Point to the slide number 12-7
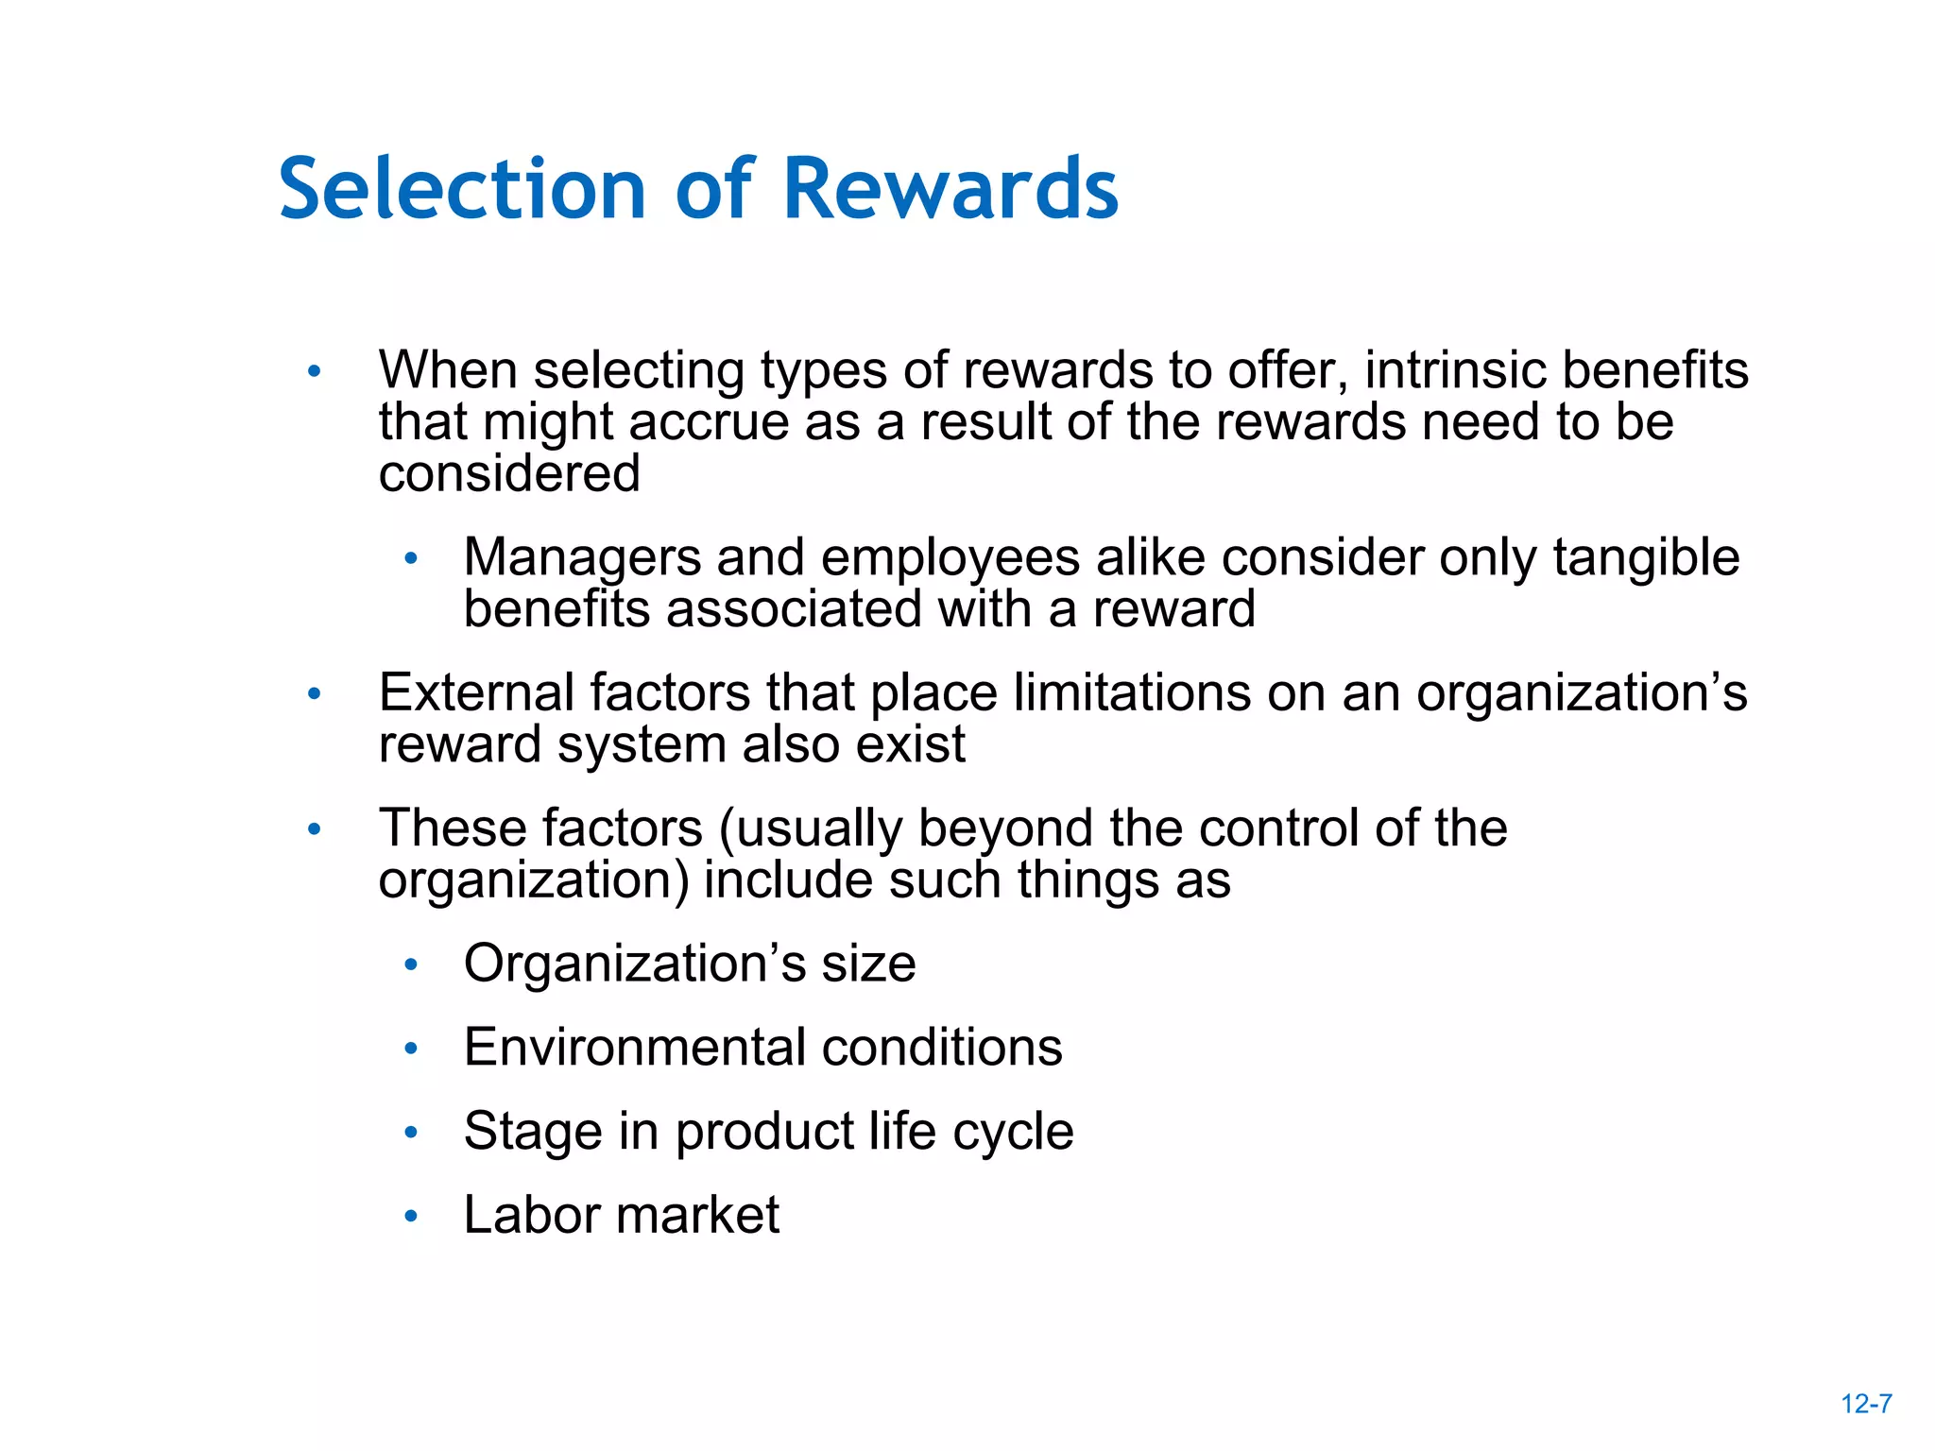pyautogui.click(x=1866, y=1404)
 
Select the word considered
pyautogui.click(x=509, y=473)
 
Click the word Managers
pyautogui.click(x=582, y=557)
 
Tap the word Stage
pyautogui.click(x=533, y=1132)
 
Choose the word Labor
pyautogui.click(x=532, y=1215)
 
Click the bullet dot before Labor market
pyautogui.click(x=410, y=1216)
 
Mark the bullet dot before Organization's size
pyautogui.click(x=410, y=964)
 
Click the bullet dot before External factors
pyautogui.click(x=315, y=694)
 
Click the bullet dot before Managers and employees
pyautogui.click(x=410, y=559)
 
